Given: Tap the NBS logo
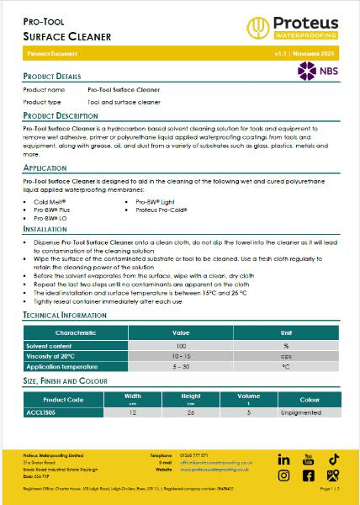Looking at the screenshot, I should pyautogui.click(x=318, y=72).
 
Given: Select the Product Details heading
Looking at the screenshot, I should pyautogui.click(x=52, y=76).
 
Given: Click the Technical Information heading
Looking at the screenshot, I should pyautogui.click(x=65, y=314).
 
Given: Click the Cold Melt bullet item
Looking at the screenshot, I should pyautogui.click(x=50, y=202).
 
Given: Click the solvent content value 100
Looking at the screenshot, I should pyautogui.click(x=181, y=346).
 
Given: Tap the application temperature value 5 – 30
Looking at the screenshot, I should pyautogui.click(x=181, y=367).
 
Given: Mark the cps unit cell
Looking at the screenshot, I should pyautogui.click(x=286, y=356).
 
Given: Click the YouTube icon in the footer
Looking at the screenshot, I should pyautogui.click(x=308, y=460).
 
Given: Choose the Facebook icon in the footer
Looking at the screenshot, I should pyautogui.click(x=308, y=476).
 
